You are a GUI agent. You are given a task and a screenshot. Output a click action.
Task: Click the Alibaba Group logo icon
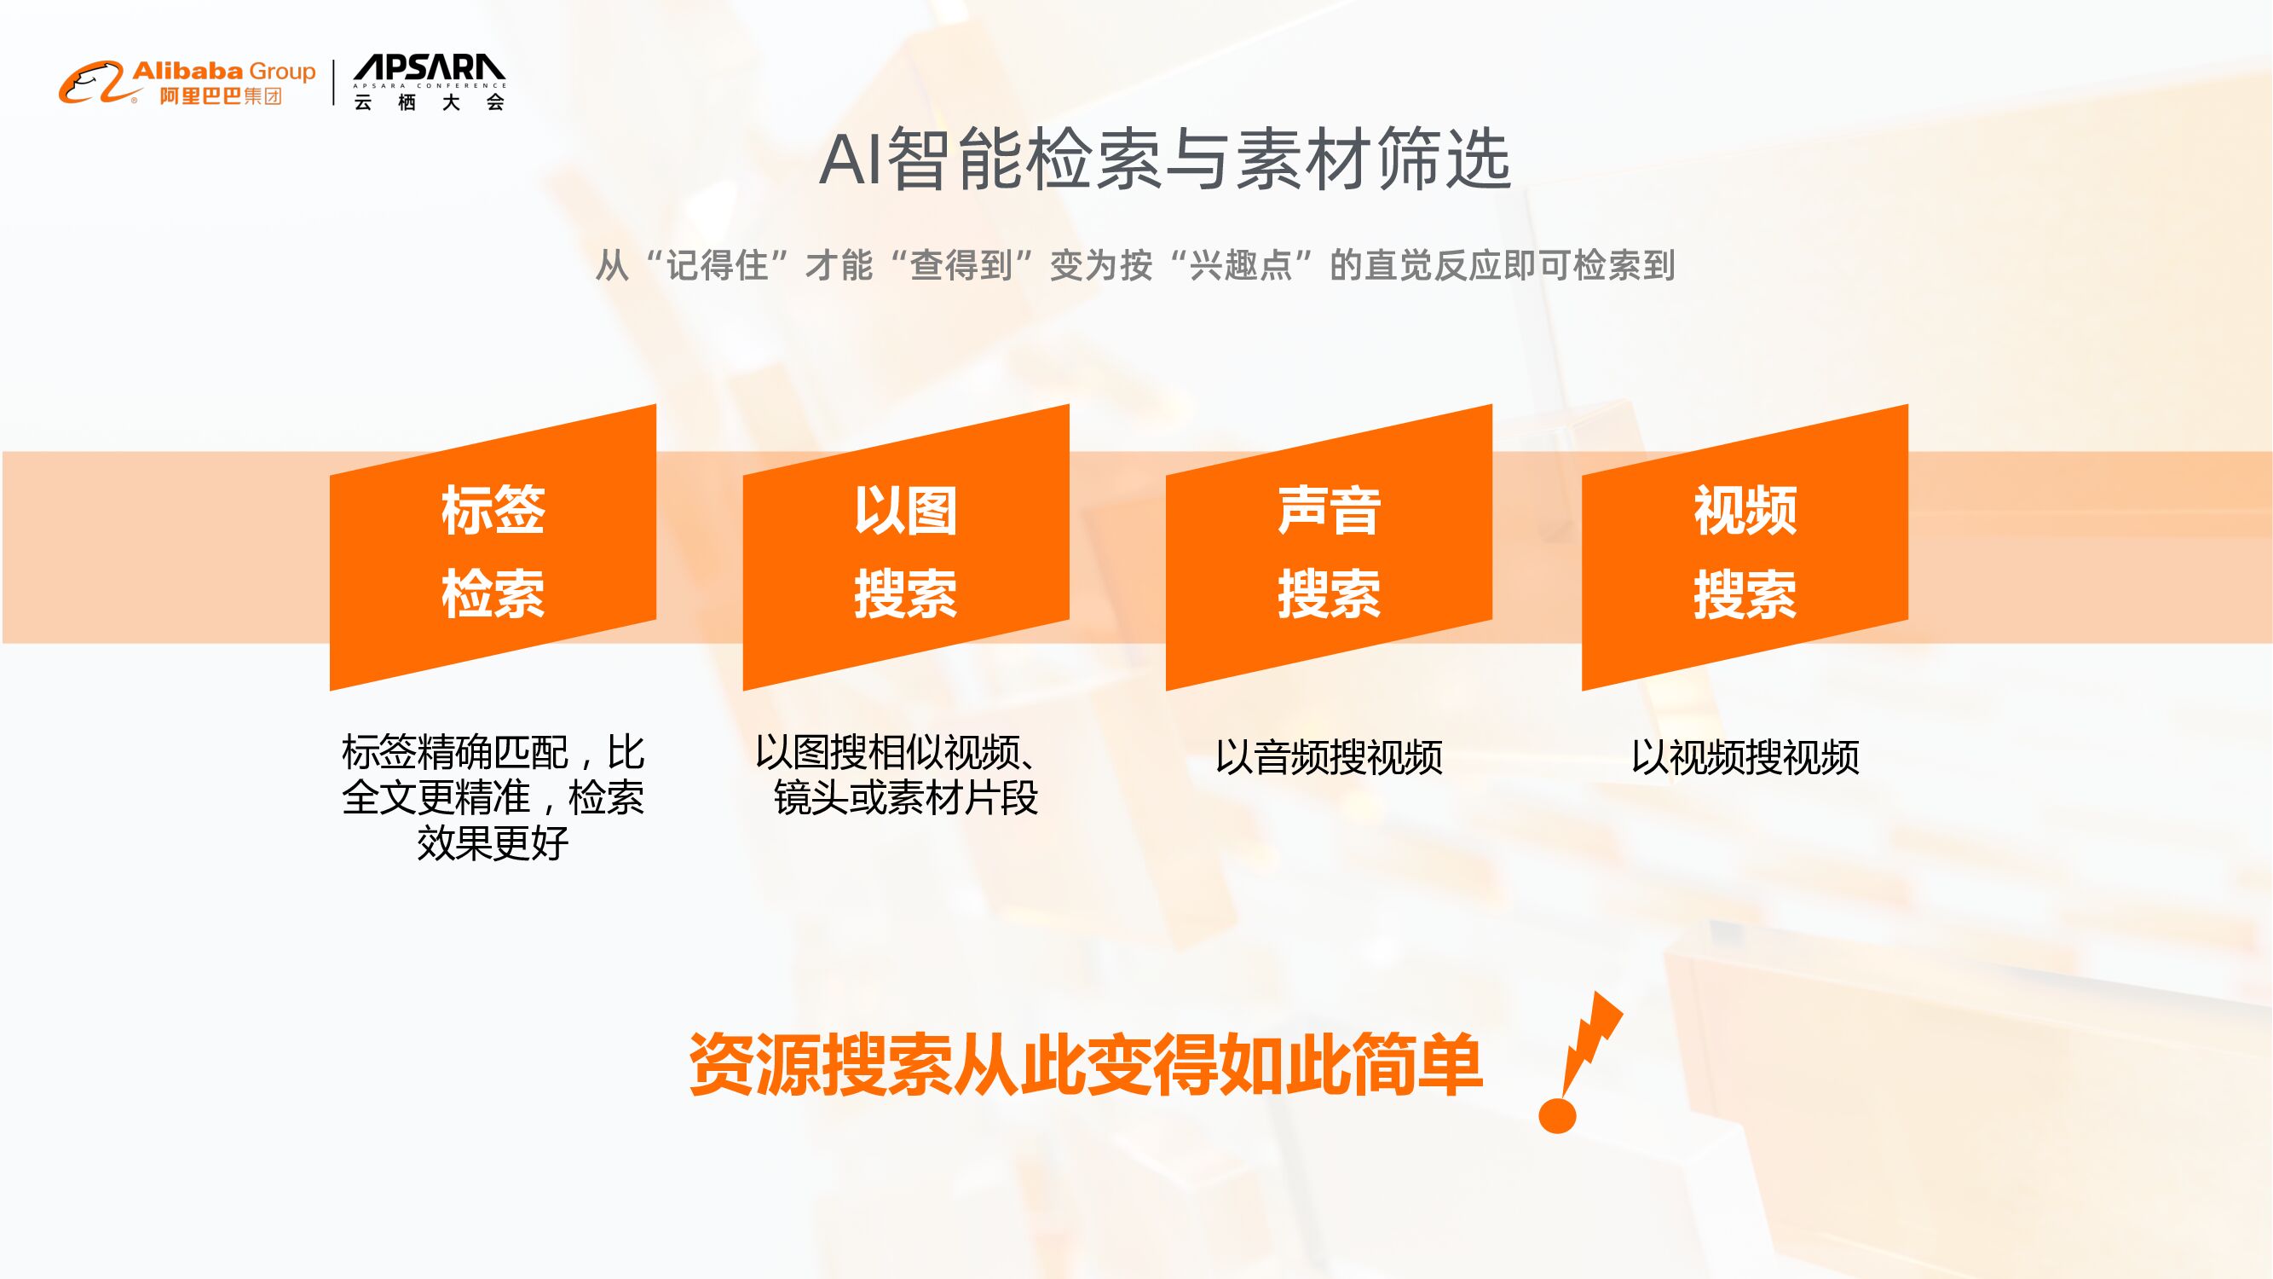pyautogui.click(x=92, y=83)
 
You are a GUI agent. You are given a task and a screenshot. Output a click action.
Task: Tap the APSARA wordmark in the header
pyautogui.click(x=429, y=69)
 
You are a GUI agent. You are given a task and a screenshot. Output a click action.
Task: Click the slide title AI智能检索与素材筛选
pyautogui.click(x=1165, y=159)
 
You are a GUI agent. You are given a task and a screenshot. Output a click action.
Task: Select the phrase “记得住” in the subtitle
pyautogui.click(x=717, y=266)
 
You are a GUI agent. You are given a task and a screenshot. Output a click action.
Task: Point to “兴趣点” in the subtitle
pyautogui.click(x=1241, y=266)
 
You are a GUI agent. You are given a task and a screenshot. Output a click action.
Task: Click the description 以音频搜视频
pyautogui.click(x=1328, y=757)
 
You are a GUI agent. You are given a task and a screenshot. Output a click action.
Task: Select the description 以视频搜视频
pyautogui.click(x=1745, y=757)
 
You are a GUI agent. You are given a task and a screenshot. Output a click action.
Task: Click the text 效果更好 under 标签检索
pyautogui.click(x=493, y=843)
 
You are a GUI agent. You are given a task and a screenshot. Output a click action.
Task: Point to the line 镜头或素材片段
pyautogui.click(x=905, y=798)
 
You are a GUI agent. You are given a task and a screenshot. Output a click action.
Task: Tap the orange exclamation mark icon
pyautogui.click(x=1575, y=1063)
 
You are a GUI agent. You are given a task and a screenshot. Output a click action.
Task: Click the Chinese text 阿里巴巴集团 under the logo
pyautogui.click(x=220, y=96)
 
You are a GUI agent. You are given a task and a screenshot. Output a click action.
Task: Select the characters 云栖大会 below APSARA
pyautogui.click(x=429, y=102)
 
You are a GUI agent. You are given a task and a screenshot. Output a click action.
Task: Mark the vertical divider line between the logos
pyautogui.click(x=334, y=83)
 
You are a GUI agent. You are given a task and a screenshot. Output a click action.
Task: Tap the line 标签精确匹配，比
pyautogui.click(x=493, y=753)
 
